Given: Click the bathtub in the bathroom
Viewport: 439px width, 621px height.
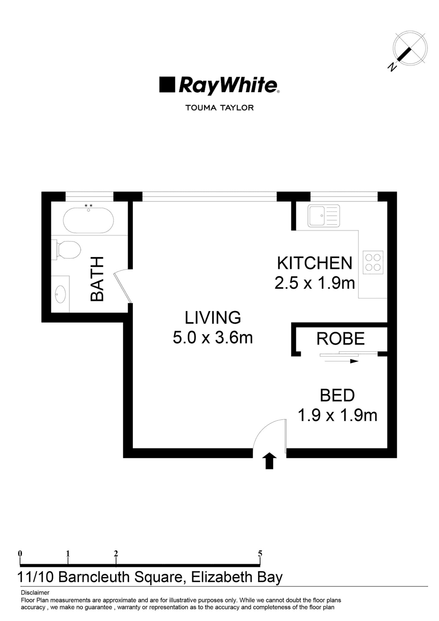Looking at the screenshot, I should click(x=88, y=220).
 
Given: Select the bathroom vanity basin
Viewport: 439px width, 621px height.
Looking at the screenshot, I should click(x=61, y=294).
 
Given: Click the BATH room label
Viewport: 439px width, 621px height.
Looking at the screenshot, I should click(x=98, y=280).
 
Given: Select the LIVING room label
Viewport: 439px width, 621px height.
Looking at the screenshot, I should click(x=213, y=317).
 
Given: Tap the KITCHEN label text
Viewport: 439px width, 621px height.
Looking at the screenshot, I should click(x=314, y=263).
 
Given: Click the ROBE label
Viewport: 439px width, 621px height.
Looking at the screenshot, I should click(x=340, y=339).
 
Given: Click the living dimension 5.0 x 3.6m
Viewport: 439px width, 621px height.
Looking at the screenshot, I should click(x=213, y=337).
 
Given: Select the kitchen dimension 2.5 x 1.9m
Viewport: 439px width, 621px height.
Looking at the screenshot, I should click(x=315, y=283).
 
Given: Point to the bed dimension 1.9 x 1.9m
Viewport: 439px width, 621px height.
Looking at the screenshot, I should click(x=337, y=415).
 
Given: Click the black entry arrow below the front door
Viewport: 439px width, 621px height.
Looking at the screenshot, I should click(x=270, y=461).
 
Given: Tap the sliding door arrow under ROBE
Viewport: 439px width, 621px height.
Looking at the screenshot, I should click(x=341, y=361).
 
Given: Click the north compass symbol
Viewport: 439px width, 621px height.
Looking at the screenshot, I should click(x=409, y=49).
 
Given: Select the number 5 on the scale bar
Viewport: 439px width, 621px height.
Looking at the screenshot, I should click(x=260, y=553).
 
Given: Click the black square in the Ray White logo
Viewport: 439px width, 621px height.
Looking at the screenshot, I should click(x=167, y=84).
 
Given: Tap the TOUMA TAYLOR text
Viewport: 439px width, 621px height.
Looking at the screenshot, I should click(x=220, y=108).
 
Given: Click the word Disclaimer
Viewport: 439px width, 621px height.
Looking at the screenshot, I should click(x=35, y=593).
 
